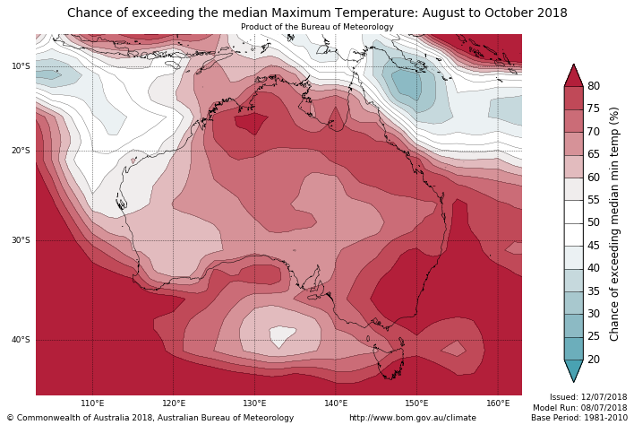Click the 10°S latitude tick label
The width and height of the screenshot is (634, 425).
point(21,66)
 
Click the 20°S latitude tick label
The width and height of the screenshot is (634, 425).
point(21,151)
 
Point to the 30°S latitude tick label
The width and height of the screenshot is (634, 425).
point(21,240)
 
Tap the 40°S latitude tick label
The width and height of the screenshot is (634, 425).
point(21,340)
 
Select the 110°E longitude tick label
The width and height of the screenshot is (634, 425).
point(92,403)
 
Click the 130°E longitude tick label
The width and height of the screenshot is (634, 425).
point(254,403)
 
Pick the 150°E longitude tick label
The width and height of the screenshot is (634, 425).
point(416,403)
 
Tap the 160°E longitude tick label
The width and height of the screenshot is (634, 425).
point(498,403)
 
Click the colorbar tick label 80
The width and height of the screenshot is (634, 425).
point(594,86)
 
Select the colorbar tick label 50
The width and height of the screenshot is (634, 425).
point(594,222)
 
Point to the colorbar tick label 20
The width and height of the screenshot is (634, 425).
point(594,360)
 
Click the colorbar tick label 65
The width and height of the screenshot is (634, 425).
point(594,154)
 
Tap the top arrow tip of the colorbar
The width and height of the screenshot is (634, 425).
point(573,65)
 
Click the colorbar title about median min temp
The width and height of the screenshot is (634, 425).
point(614,223)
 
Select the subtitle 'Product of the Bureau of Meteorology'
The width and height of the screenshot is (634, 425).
point(317,27)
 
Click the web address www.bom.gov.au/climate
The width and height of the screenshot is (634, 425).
point(413,418)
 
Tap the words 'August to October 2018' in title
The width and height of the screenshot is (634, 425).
point(490,13)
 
